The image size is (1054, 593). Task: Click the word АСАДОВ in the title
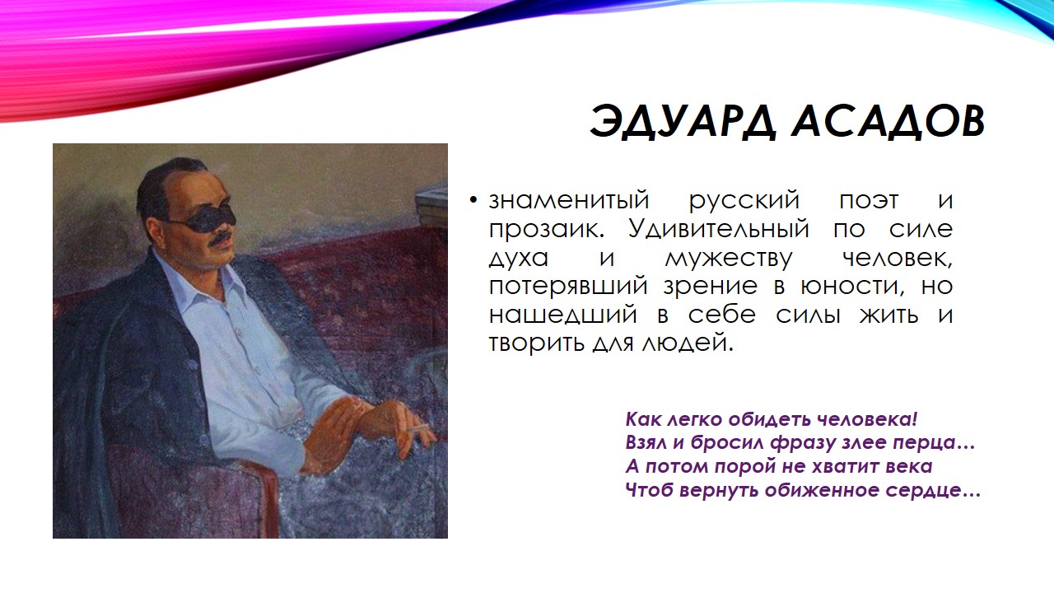(x=887, y=122)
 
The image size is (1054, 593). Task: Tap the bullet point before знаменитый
(x=473, y=202)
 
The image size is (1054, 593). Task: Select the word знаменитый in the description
(x=569, y=200)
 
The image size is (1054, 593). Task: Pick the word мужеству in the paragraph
(x=728, y=257)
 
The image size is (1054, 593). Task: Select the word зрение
(x=713, y=286)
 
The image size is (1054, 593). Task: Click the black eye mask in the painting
(x=203, y=217)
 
